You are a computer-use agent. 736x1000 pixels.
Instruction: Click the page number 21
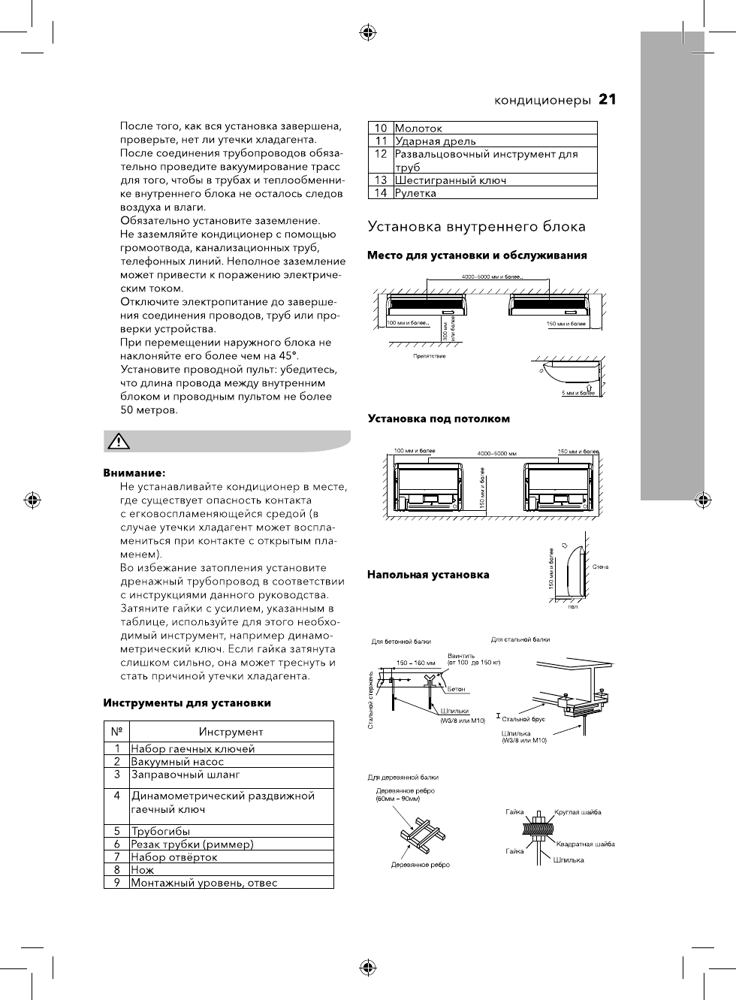click(608, 100)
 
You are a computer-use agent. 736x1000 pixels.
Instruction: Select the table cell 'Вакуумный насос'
click(177, 761)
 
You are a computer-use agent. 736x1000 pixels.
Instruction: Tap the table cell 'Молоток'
click(418, 128)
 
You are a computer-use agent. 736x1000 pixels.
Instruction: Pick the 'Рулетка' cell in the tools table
click(415, 193)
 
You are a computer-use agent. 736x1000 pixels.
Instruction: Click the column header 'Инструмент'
click(231, 732)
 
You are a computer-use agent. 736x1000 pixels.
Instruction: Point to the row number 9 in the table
click(117, 883)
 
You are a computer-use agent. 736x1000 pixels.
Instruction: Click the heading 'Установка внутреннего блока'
click(476, 226)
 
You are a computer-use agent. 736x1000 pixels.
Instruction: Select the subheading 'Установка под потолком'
click(439, 418)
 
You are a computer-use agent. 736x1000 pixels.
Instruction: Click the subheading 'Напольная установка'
click(428, 575)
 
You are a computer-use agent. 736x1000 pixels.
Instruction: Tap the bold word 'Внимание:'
click(134, 473)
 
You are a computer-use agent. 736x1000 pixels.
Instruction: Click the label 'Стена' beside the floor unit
click(600, 566)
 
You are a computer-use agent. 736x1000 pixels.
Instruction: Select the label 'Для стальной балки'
click(520, 639)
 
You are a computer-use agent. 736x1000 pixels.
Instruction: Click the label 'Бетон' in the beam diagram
click(457, 688)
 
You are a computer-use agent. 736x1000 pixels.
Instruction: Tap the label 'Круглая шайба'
click(578, 812)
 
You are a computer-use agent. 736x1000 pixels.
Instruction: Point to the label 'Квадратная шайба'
click(586, 844)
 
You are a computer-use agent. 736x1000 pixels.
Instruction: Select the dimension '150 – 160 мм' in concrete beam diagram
click(415, 663)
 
